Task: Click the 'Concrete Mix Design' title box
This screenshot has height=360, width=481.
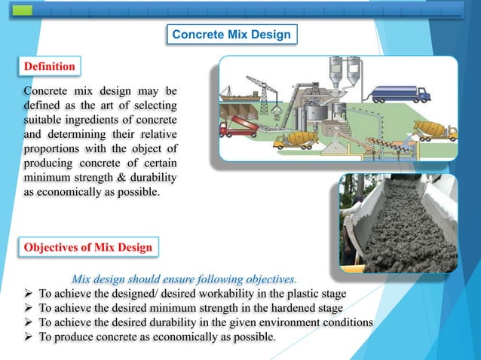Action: pos(231,34)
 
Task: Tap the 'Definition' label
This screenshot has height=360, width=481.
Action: pos(49,66)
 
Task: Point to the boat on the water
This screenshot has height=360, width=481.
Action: pos(239,93)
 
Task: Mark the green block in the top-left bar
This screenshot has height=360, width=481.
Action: pos(23,11)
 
